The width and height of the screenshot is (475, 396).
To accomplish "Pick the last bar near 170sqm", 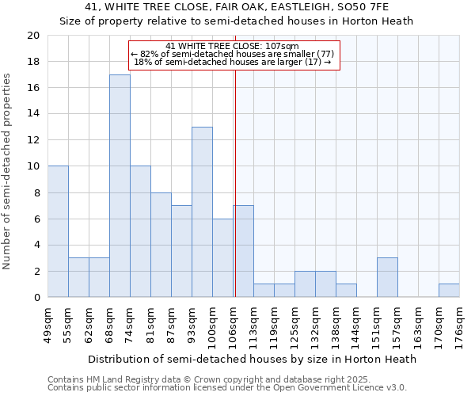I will coord(449,291).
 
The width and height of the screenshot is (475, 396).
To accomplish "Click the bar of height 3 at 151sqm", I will coord(387,277).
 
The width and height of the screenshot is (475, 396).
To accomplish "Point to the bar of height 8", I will coord(161,245).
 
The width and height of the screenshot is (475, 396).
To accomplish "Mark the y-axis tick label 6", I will coord(36,219).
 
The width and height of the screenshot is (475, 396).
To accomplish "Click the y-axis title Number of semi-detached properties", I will coord(7,171).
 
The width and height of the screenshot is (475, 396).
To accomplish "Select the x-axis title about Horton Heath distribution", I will coord(252,359).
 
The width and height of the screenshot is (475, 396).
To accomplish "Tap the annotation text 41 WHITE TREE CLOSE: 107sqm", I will coord(233,47).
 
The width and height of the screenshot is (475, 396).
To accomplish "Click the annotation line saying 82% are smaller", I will coord(233,54).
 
